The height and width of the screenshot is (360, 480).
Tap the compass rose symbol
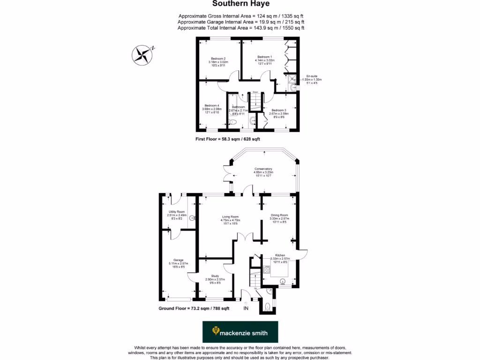(x=141, y=55)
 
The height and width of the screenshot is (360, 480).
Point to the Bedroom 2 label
(x=218, y=59)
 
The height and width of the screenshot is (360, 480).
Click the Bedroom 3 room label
(x=278, y=110)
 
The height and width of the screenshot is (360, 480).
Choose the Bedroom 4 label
(x=212, y=105)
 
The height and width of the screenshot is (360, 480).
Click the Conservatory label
(x=263, y=169)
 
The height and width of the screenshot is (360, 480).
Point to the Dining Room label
(x=279, y=215)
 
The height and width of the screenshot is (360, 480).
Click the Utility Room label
(x=177, y=212)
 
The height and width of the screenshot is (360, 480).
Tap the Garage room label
(x=178, y=260)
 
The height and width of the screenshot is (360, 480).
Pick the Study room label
(x=215, y=276)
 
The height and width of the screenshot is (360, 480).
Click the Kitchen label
(x=280, y=255)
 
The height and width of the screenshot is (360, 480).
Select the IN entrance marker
(x=246, y=308)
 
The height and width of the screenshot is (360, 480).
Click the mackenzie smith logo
(x=240, y=332)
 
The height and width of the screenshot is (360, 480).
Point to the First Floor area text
(x=227, y=139)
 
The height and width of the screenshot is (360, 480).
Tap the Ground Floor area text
(x=194, y=308)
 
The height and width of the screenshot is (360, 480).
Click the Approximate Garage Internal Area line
(x=241, y=22)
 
